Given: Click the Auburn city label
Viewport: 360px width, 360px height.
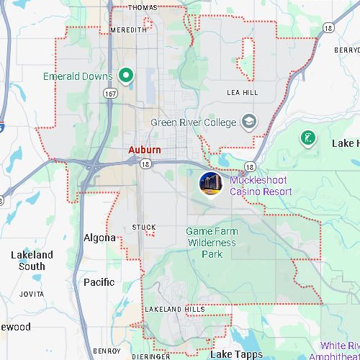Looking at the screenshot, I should (144, 150).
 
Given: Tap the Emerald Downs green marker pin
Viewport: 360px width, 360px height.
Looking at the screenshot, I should (127, 75).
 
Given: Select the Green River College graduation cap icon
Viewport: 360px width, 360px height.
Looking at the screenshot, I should (249, 122).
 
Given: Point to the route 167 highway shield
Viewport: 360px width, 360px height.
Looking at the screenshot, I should (110, 94).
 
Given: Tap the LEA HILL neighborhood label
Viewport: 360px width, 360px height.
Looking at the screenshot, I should (242, 93).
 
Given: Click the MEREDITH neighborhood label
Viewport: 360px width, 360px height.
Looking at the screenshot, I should (129, 30).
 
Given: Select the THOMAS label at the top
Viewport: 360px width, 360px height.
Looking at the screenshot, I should (143, 7).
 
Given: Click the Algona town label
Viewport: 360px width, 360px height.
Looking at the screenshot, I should (99, 238).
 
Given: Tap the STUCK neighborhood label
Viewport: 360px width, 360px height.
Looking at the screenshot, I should (144, 228).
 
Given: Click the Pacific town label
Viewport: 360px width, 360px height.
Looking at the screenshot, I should (99, 282).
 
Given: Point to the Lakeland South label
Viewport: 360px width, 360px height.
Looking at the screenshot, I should (32, 261).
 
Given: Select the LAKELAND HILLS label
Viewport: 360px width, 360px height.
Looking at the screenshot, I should (175, 309).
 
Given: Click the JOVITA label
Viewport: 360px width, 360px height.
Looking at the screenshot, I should (32, 294).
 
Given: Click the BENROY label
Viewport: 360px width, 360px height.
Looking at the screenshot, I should (107, 351).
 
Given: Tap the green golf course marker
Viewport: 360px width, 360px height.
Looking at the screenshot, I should (308, 138).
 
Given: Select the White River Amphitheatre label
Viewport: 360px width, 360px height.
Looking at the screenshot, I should (338, 351).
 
